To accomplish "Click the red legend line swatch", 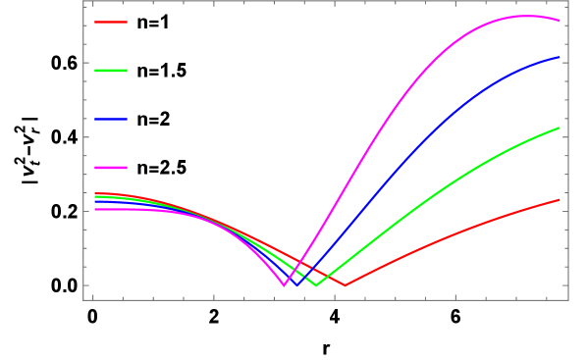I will pyautogui.click(x=111, y=22).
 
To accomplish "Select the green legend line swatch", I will pyautogui.click(x=111, y=71).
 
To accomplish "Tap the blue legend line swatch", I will pyautogui.click(x=111, y=120).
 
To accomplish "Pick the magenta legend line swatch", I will pyautogui.click(x=111, y=168).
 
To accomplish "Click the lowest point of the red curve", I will pyautogui.click(x=345, y=285).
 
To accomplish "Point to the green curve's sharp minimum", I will pyautogui.click(x=316, y=285).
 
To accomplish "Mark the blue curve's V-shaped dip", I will pyautogui.click(x=298, y=285).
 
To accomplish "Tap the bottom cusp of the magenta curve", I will pyautogui.click(x=285, y=285).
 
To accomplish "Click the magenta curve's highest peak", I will pyautogui.click(x=526, y=16).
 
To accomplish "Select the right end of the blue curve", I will pyautogui.click(x=560, y=57).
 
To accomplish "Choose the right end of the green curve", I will pyautogui.click(x=560, y=128).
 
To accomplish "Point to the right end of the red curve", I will pyautogui.click(x=560, y=199).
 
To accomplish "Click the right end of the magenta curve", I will pyautogui.click(x=560, y=20).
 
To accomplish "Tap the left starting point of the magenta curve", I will pyautogui.click(x=94, y=209).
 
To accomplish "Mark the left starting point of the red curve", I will pyautogui.click(x=94, y=193).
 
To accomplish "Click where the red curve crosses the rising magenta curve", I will pyautogui.click(x=300, y=260).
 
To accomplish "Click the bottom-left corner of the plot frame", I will pyautogui.click(x=83, y=299).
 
